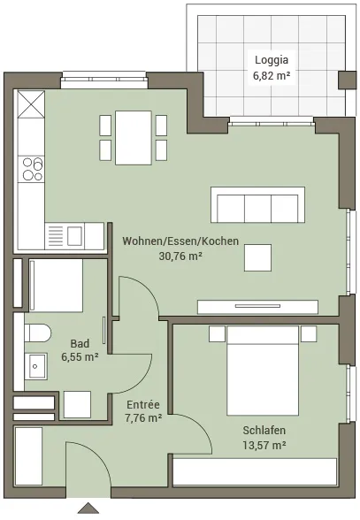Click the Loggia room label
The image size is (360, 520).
(x=272, y=60)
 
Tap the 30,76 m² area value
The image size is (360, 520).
(x=180, y=256)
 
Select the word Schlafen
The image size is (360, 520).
(x=264, y=430)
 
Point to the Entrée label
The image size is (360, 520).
(x=143, y=404)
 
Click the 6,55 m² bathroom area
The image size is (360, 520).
(x=80, y=357)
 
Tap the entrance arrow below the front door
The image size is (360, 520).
(x=88, y=509)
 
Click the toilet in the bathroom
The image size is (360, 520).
(x=37, y=333)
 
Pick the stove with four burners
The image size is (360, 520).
(x=32, y=169)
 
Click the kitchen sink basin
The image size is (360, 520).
(x=74, y=236)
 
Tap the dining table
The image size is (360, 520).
(x=134, y=138)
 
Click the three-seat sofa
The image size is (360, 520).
(x=257, y=205)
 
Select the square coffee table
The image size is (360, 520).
(x=257, y=257)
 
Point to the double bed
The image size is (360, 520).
(x=263, y=371)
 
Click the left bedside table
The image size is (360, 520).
(x=217, y=333)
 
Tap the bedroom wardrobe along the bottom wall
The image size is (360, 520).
(x=255, y=471)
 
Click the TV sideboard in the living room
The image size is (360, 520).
(x=257, y=307)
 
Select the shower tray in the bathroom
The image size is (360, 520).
(x=56, y=286)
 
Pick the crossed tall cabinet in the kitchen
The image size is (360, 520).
(x=31, y=104)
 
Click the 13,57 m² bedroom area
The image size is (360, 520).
(x=264, y=445)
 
